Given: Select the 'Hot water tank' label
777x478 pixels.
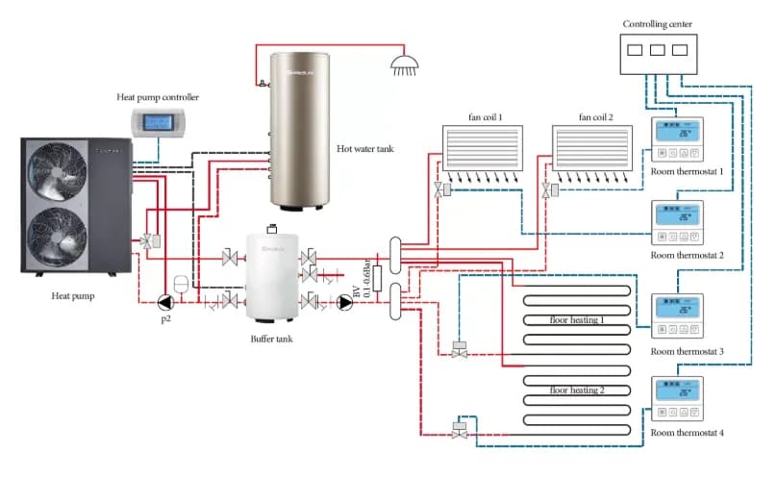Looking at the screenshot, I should click(364, 149).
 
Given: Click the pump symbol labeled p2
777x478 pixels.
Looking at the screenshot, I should click(163, 303).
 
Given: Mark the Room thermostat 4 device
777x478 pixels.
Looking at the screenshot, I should click(679, 400).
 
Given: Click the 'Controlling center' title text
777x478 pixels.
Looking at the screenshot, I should click(657, 24).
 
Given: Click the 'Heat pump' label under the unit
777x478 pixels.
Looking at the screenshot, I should click(72, 296).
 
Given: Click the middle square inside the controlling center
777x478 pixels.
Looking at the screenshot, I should click(657, 49).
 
